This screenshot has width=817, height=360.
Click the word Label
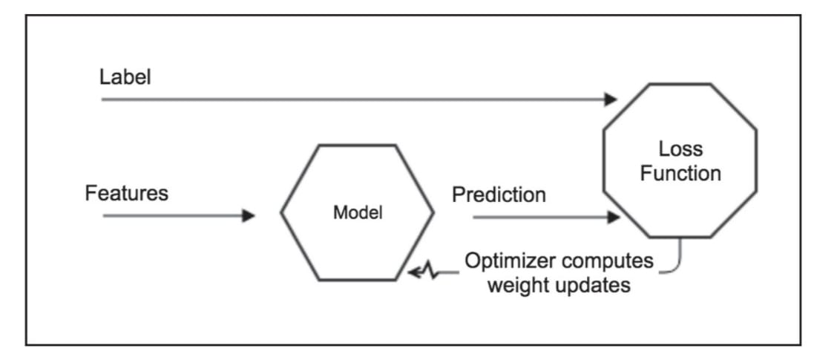coord(125,77)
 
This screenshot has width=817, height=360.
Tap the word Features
coord(127,194)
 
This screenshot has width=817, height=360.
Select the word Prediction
coord(499,195)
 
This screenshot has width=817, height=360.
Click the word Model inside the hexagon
coord(358,213)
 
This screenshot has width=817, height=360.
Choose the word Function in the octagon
coord(680,174)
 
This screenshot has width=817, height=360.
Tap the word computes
coord(615,261)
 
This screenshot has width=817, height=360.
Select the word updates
coord(593,284)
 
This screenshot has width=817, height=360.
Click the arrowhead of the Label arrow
coord(611,99)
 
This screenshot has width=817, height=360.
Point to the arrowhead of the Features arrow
coord(249,216)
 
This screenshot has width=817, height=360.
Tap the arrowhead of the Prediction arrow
coord(613,217)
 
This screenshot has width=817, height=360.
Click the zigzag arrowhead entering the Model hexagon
coord(416,273)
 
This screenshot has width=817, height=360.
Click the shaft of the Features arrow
coord(171,216)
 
